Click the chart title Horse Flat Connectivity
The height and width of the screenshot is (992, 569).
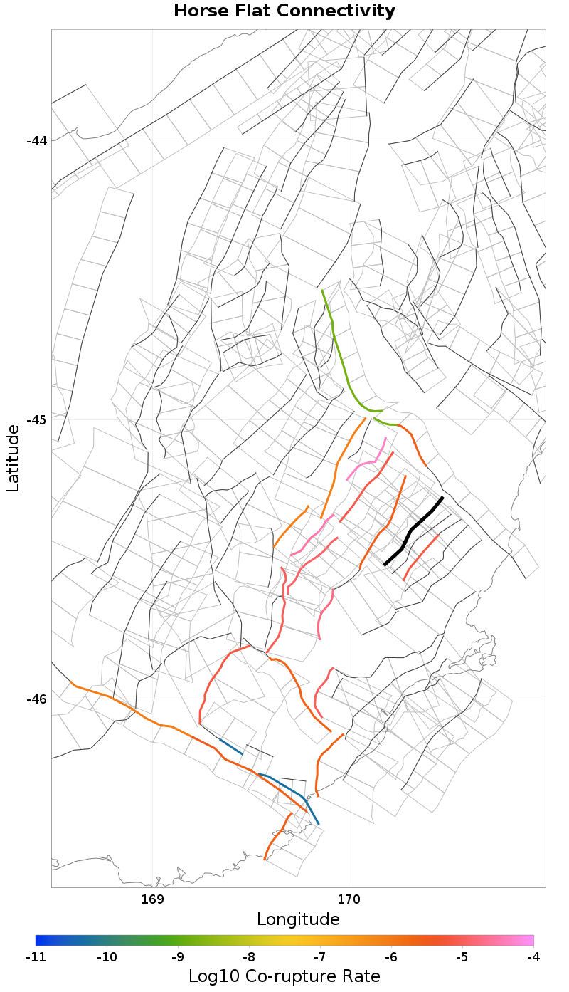pyautogui.click(x=284, y=11)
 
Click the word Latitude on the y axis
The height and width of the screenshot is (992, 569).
pyautogui.click(x=13, y=458)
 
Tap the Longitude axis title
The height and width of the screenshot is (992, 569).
pyautogui.click(x=298, y=919)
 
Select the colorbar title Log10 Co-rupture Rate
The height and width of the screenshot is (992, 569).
pyautogui.click(x=284, y=976)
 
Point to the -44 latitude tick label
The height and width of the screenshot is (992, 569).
pyautogui.click(x=36, y=141)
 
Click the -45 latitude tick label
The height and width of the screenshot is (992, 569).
pyautogui.click(x=36, y=419)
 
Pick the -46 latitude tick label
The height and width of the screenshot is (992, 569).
pyautogui.click(x=36, y=699)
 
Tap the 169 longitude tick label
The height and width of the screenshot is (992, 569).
pyautogui.click(x=153, y=899)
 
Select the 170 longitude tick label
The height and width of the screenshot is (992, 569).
pyautogui.click(x=349, y=899)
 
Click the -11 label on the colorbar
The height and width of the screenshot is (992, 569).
pyautogui.click(x=36, y=956)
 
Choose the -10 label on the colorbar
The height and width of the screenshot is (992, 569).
pyautogui.click(x=107, y=956)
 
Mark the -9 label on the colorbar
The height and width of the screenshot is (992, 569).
pyautogui.click(x=178, y=956)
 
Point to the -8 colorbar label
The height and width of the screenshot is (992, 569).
pyautogui.click(x=249, y=956)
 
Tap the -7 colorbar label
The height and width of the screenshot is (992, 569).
pyautogui.click(x=320, y=956)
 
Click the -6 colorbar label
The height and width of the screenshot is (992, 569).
pyautogui.click(x=391, y=956)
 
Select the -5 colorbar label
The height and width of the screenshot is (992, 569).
pyautogui.click(x=462, y=956)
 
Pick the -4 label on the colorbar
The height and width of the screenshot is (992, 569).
pyautogui.click(x=533, y=956)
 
